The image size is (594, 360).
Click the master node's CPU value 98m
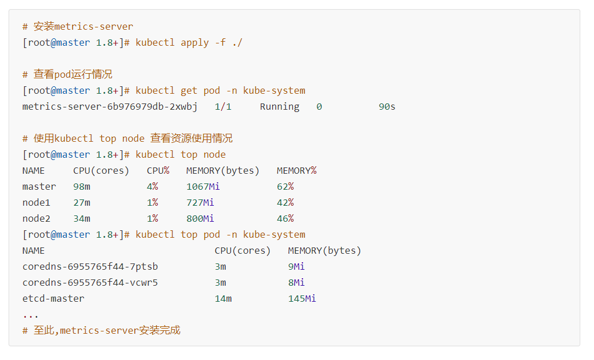pos(82,187)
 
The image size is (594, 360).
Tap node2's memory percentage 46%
pos(285,219)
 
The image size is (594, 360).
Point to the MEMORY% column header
pos(297,171)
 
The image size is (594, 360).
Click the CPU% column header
pos(158,171)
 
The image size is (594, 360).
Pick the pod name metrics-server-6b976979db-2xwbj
pos(110,107)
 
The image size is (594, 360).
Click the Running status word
pos(280,107)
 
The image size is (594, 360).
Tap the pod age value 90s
pos(387,107)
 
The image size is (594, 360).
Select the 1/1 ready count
pos(223,107)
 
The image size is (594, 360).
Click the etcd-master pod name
pos(53,299)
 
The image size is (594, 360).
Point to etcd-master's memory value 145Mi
pos(302,299)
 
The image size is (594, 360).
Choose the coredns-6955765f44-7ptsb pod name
pos(90,267)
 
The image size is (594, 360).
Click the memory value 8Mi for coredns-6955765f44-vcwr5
pos(296,283)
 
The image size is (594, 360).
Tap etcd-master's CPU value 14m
pos(223,299)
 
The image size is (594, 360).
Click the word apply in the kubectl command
pos(195,43)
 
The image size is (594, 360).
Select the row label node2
pos(36,219)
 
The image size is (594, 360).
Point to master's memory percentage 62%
pos(285,187)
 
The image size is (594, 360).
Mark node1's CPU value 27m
pos(82,203)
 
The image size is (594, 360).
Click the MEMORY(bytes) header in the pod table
pos(325,251)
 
